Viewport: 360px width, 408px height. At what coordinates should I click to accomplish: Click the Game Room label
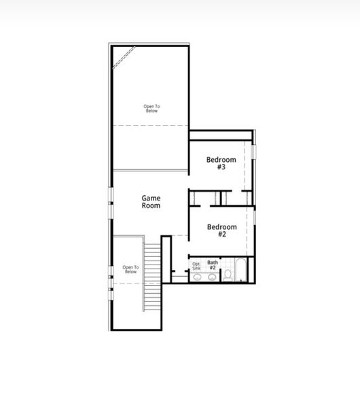pyautogui.click(x=151, y=201)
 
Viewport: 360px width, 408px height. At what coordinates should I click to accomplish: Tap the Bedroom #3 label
pyautogui.click(x=221, y=163)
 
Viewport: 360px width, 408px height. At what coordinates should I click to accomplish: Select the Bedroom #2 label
pyautogui.click(x=221, y=230)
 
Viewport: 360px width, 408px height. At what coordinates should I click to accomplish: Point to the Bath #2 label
pyautogui.click(x=213, y=265)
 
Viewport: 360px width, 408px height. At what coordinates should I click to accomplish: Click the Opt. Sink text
pyautogui.click(x=196, y=266)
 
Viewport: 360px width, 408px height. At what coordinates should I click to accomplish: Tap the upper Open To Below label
pyautogui.click(x=153, y=108)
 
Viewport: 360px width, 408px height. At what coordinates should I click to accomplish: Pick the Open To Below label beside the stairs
pyautogui.click(x=130, y=269)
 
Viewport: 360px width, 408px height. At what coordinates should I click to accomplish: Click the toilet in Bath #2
pyautogui.click(x=228, y=275)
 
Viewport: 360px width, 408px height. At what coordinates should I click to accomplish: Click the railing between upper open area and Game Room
pyautogui.click(x=149, y=170)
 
